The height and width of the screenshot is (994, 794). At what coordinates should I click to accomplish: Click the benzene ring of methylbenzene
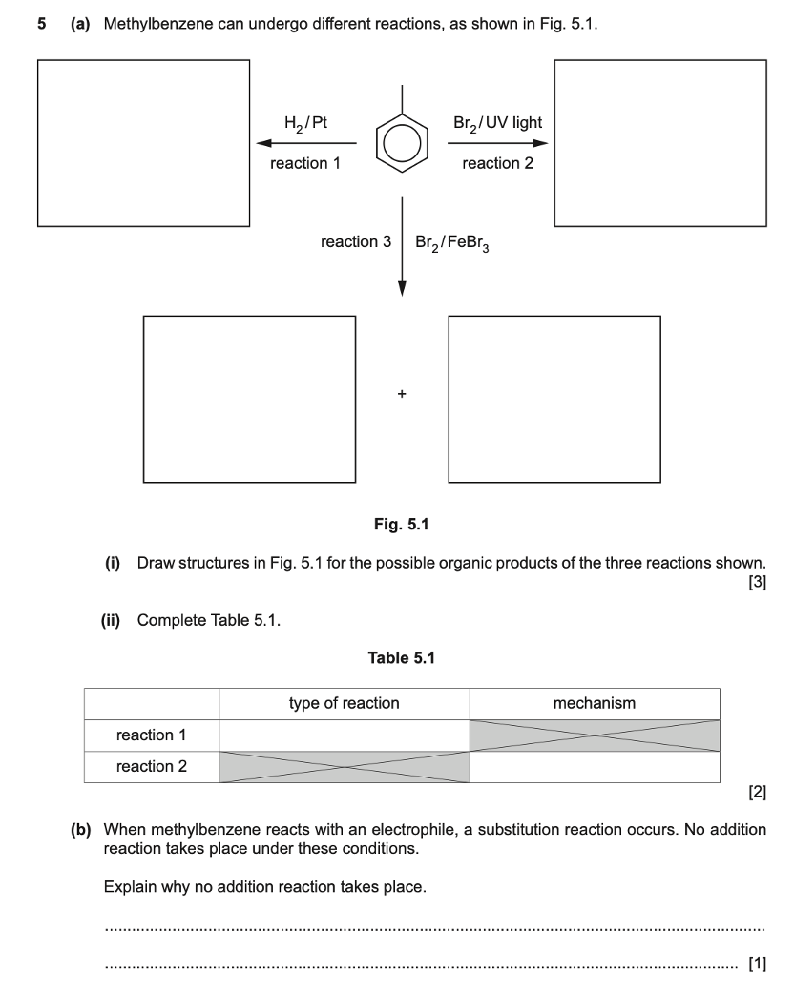(x=402, y=144)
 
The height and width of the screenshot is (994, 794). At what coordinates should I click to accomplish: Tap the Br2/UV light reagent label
(x=498, y=123)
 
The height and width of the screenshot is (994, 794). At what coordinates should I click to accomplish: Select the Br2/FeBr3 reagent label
(x=453, y=242)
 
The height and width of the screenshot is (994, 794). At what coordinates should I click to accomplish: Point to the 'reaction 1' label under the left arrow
(x=305, y=163)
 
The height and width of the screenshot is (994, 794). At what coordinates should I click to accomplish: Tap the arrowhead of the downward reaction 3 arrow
(x=402, y=288)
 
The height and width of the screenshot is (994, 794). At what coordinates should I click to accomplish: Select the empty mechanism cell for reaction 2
(x=595, y=767)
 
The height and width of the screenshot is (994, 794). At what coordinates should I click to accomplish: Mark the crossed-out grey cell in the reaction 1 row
(x=595, y=735)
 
